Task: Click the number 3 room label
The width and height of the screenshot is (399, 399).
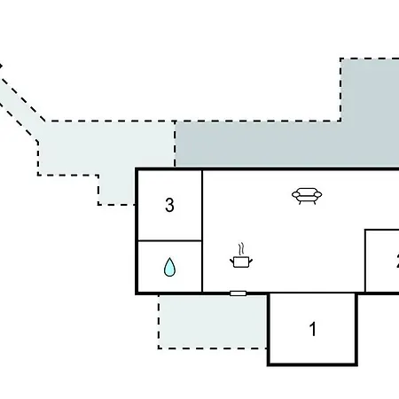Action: click(169, 205)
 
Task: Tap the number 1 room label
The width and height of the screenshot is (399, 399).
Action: click(313, 329)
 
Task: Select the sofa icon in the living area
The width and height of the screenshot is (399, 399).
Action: click(307, 196)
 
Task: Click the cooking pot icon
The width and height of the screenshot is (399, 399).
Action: click(241, 262)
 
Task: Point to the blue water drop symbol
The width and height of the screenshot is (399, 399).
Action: click(169, 267)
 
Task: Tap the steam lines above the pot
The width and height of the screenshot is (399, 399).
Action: click(242, 249)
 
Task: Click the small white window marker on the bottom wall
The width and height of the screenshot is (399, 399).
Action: click(238, 293)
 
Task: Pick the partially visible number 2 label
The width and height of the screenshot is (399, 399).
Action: click(397, 261)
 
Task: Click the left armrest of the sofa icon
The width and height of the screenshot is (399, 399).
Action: click(294, 195)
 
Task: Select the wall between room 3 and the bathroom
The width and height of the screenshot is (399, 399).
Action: click(170, 240)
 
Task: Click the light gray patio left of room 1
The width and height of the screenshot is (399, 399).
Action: click(213, 322)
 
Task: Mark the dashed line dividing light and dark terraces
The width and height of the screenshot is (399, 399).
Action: click(175, 144)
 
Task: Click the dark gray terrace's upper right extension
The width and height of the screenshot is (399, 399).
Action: click(370, 90)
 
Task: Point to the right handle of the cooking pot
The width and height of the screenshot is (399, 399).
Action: click(251, 261)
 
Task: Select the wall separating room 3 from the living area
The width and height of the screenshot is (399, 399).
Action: click(202, 231)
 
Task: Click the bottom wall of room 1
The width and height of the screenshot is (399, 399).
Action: click(312, 364)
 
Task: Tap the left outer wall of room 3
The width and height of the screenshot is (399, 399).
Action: click(137, 205)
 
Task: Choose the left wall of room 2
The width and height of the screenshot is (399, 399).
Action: click(365, 261)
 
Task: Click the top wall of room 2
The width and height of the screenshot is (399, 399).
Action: click(382, 230)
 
